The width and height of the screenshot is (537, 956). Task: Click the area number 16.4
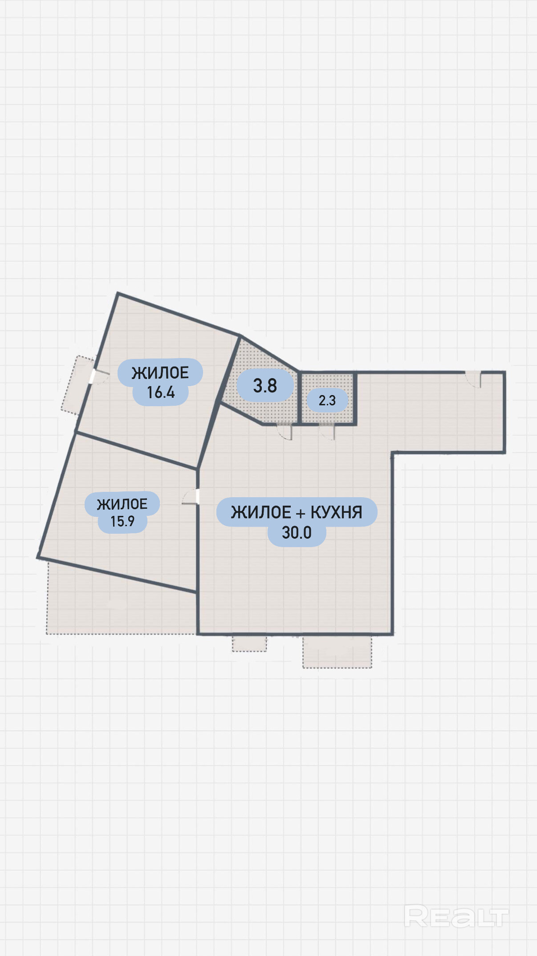161,392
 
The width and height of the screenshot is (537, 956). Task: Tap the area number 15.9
122,521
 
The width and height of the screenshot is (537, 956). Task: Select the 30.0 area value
297,532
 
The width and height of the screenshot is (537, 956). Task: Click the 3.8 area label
265,386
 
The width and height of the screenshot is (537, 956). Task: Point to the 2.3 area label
327,400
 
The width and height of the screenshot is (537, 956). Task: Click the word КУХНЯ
336,512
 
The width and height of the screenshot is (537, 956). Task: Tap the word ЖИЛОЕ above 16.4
160,373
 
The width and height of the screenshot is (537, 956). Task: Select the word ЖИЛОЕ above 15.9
122,504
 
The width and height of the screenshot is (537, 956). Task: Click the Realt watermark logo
456,916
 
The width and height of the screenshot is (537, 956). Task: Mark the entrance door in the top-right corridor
474,380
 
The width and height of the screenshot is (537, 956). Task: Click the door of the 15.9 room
191,497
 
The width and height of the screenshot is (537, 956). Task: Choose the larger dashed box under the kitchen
337,651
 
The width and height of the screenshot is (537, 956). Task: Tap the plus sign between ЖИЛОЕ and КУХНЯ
301,514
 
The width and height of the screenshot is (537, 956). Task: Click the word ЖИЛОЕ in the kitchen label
261,512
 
